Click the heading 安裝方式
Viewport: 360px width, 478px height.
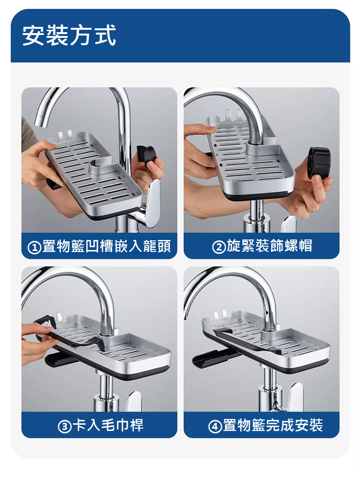point(69,36)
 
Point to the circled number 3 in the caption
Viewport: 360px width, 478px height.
point(65,426)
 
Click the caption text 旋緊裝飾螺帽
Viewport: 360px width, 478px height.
point(269,246)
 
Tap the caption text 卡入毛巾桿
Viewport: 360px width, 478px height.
point(108,425)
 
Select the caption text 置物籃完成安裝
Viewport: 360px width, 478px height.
point(273,425)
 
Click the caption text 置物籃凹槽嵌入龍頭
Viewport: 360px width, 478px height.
point(107,246)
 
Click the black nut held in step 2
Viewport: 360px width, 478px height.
point(319,162)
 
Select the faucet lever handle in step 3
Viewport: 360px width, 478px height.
point(134,401)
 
